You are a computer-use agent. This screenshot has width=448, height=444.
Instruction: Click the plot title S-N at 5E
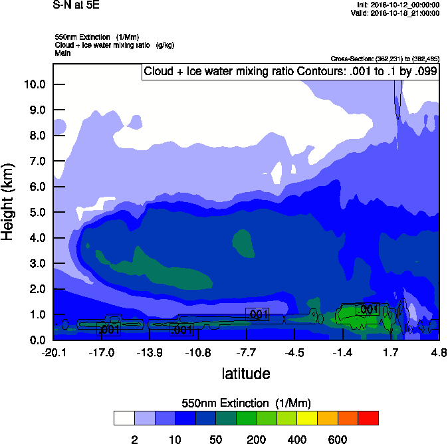(x=75, y=6)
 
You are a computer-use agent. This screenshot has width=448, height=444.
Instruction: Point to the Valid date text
(x=395, y=13)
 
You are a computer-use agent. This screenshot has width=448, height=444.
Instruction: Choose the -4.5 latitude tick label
(x=295, y=352)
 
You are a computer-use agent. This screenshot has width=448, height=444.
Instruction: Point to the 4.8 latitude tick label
(x=439, y=352)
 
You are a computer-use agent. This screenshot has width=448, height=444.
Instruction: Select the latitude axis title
(x=246, y=374)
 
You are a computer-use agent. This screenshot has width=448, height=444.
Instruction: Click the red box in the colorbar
(x=368, y=418)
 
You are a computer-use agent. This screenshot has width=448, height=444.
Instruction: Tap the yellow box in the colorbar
(x=306, y=418)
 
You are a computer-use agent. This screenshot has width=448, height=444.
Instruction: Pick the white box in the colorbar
(x=124, y=418)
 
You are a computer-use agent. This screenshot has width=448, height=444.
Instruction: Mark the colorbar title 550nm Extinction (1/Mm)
(x=246, y=403)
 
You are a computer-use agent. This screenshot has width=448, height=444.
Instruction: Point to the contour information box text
(x=290, y=72)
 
